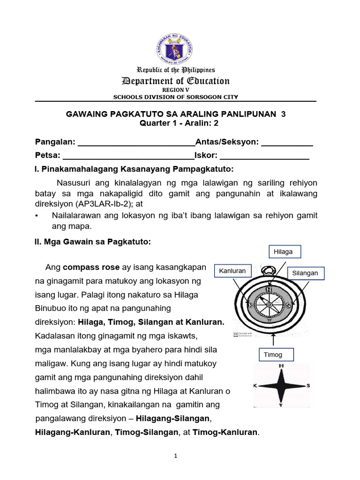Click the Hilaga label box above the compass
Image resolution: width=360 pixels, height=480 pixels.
pos(285,252)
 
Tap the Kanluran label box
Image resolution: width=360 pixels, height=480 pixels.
pos(232,271)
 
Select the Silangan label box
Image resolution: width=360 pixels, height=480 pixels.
pos(305,273)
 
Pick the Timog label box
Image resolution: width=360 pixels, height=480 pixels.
pos(276,355)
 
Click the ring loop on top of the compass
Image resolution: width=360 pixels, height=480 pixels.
pos(269,270)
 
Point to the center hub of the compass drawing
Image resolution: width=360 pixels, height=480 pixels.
pos(269,305)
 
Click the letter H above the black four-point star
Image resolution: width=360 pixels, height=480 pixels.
pos(281,366)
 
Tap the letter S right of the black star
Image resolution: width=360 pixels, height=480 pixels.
pos(308,386)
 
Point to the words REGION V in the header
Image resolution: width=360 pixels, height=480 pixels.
pos(176,90)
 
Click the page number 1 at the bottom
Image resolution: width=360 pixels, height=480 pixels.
pos(175,456)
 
